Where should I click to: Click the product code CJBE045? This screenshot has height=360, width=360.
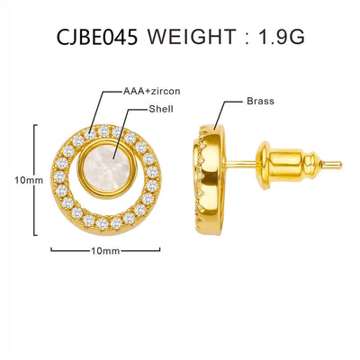pyautogui.click(x=97, y=37)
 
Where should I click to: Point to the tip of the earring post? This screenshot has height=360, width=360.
pyautogui.click(x=338, y=165)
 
